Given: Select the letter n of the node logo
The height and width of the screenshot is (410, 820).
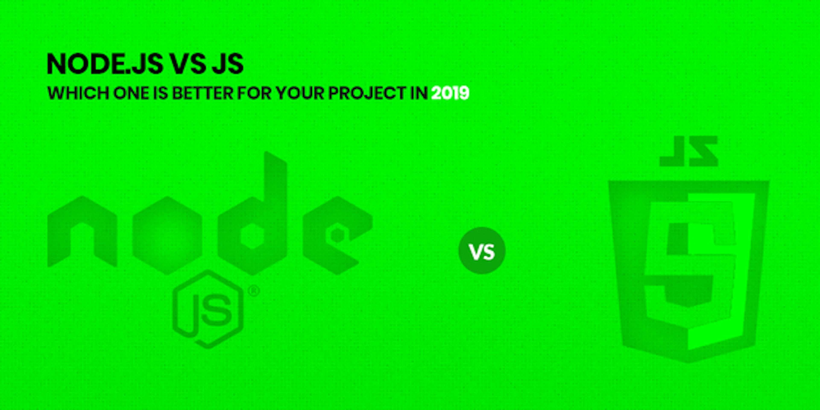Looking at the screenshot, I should click(x=82, y=231).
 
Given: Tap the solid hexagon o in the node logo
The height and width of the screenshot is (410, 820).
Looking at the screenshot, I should click(x=167, y=235).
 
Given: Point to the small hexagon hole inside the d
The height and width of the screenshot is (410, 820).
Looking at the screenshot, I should click(x=252, y=236).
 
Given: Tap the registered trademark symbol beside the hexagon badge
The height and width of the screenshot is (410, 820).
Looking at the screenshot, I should click(x=253, y=291).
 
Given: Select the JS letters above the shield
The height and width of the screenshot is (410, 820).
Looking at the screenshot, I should click(x=688, y=151).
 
